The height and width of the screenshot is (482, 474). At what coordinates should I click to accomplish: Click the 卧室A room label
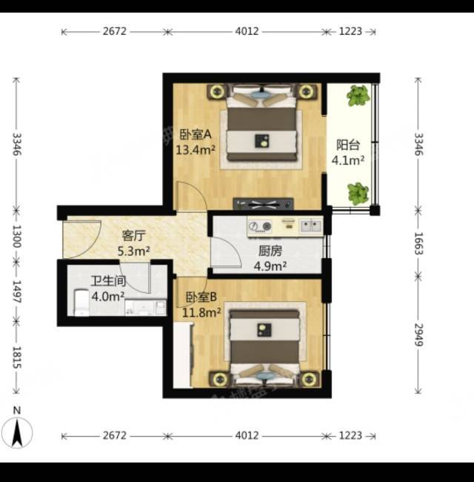tap(196, 135)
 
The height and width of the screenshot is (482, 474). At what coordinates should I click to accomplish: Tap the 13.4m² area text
tap(196, 150)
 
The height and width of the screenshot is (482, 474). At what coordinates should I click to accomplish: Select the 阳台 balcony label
tap(348, 145)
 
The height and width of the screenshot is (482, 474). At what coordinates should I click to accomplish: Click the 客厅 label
tap(133, 236)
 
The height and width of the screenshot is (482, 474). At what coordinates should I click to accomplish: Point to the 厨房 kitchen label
tap(270, 251)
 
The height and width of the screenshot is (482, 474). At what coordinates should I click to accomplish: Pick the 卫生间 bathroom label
tap(108, 281)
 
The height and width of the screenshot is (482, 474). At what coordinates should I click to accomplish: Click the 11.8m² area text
tap(201, 313)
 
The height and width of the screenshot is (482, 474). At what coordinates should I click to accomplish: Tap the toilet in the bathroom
tap(81, 303)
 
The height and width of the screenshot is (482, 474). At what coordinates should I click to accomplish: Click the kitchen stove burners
tap(260, 226)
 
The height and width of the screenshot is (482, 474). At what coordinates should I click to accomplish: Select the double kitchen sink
tap(310, 226)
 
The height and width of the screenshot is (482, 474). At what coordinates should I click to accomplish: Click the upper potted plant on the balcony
tap(358, 96)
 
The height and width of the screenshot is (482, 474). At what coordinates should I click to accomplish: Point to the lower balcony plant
tap(358, 194)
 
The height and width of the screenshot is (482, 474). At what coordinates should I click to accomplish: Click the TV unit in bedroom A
tap(263, 203)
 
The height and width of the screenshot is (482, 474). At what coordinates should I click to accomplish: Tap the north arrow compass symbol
tap(17, 432)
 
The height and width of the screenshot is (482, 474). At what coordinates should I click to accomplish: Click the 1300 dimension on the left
tap(16, 237)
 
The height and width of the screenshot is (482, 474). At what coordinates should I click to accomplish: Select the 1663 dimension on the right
tap(419, 243)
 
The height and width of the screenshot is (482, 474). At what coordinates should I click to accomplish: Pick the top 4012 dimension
tap(247, 31)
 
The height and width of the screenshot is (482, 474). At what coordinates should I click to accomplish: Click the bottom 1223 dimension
tap(350, 435)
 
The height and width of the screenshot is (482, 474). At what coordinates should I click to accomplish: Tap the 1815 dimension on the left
tap(16, 357)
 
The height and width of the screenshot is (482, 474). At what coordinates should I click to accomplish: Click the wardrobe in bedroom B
tap(183, 355)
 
